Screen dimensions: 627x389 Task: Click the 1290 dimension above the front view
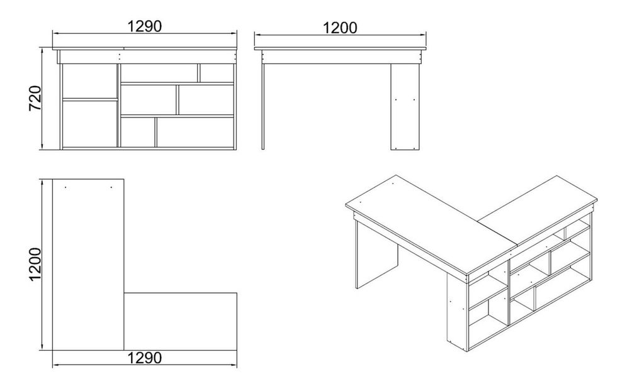click(145, 26)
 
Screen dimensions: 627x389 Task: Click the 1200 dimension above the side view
click(340, 28)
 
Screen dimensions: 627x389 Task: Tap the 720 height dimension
click(35, 98)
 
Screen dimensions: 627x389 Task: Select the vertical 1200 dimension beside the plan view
click(35, 265)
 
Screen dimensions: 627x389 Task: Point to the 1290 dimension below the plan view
click(145, 358)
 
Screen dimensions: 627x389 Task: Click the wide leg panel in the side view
click(405, 107)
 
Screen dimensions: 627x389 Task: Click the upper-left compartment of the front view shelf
click(90, 81)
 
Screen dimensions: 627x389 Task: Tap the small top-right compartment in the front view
click(217, 73)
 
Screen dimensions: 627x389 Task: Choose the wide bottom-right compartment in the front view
click(195, 132)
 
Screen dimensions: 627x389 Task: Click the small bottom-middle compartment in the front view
click(138, 132)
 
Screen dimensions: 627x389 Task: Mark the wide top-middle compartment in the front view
click(159, 73)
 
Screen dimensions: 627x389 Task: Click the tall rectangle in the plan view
click(88, 265)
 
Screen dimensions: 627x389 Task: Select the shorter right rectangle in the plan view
click(180, 322)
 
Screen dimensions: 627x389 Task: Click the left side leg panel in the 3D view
click(376, 255)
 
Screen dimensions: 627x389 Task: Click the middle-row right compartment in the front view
click(205, 100)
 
